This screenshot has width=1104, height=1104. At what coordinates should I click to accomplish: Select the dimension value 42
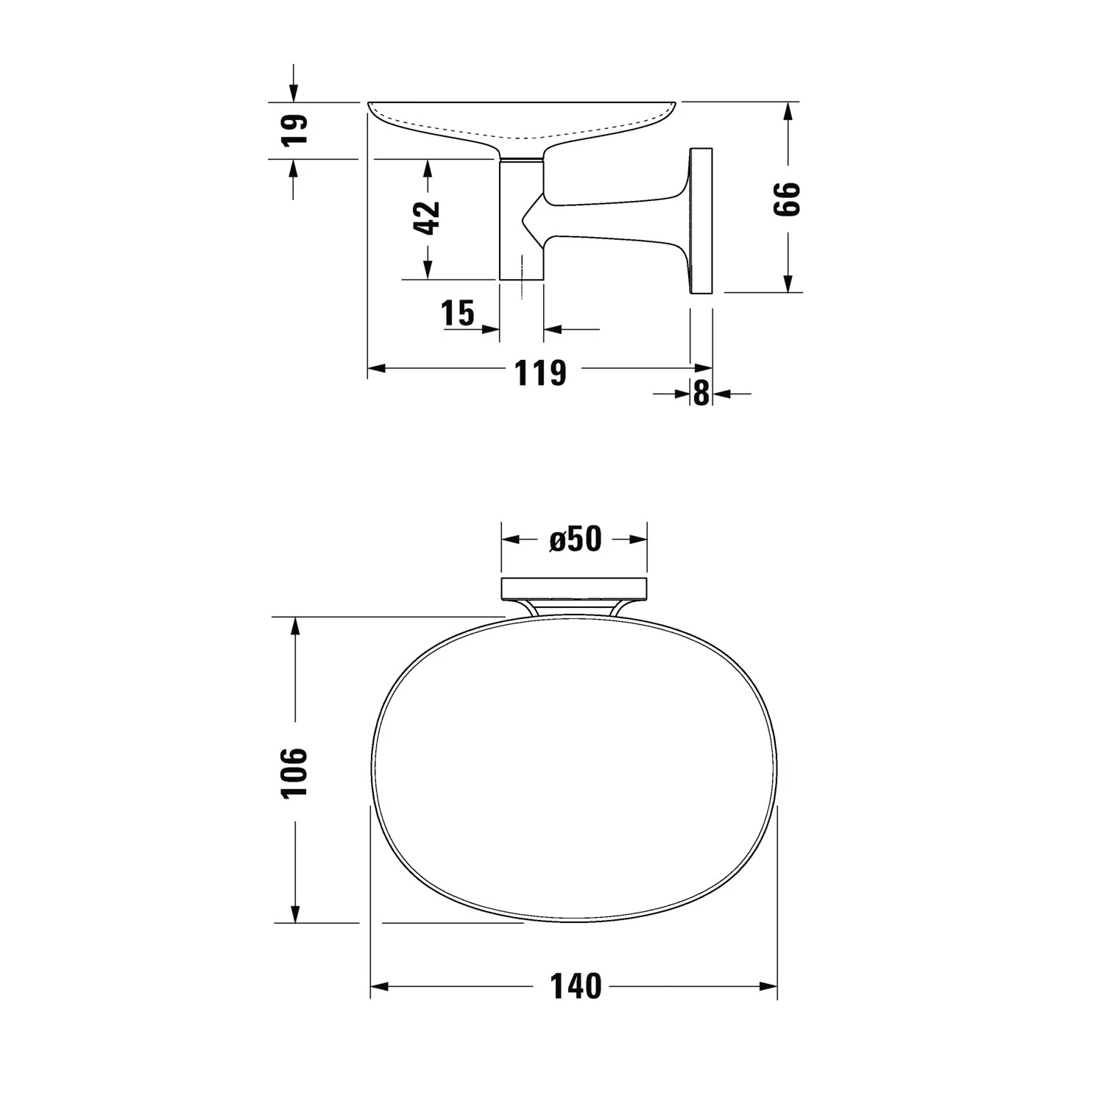click(x=427, y=218)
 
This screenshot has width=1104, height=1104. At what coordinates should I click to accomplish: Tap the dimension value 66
click(x=787, y=199)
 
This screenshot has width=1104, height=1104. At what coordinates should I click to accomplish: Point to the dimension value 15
click(x=458, y=313)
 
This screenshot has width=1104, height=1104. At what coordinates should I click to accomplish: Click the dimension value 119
click(x=540, y=373)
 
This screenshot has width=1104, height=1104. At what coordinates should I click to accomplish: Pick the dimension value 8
click(x=701, y=394)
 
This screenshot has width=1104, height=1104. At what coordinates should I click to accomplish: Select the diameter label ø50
click(x=575, y=539)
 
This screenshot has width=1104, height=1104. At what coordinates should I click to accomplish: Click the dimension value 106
click(x=295, y=771)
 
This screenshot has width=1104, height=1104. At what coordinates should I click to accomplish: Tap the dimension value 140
click(x=576, y=986)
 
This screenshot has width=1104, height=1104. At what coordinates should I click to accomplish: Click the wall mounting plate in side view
click(x=701, y=221)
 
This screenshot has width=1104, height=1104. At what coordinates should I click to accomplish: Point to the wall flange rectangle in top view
click(x=574, y=588)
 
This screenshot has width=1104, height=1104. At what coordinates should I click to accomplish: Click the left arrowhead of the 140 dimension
click(x=378, y=986)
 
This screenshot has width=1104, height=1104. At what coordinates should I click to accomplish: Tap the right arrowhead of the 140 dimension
click(x=769, y=986)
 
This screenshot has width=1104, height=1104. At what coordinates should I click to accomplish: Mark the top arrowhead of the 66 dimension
click(x=788, y=111)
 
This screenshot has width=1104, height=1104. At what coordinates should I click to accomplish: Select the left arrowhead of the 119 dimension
click(x=376, y=368)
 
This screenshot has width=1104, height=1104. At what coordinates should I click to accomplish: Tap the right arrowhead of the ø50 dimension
click(x=639, y=539)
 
